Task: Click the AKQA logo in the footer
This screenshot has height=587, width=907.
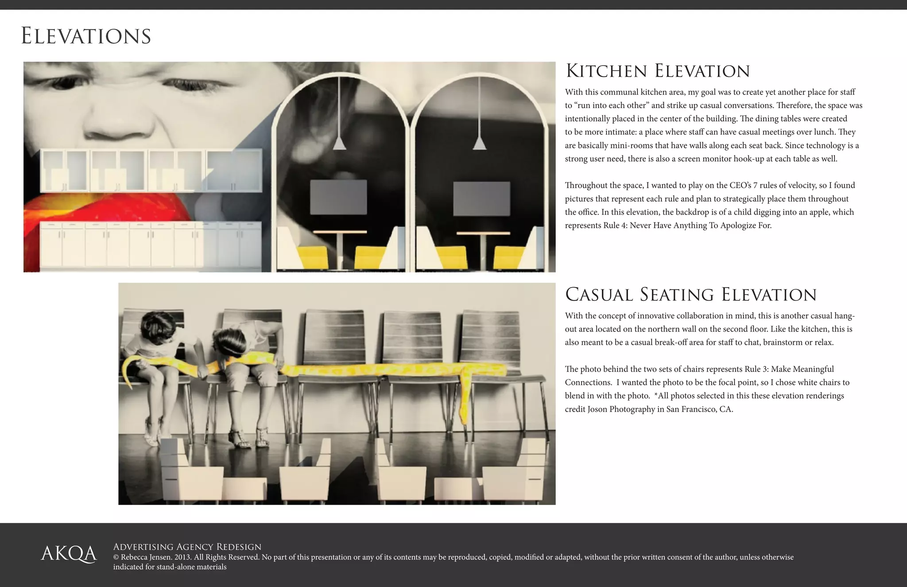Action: (69, 554)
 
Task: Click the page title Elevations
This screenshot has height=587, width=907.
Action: (86, 36)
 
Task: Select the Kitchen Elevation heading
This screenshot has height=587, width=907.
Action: (658, 71)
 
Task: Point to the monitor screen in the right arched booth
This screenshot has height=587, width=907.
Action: (481, 198)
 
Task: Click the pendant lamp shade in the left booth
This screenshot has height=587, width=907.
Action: (339, 143)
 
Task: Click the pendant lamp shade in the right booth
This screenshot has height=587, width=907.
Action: (480, 143)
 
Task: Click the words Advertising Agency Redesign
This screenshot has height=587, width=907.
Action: (187, 547)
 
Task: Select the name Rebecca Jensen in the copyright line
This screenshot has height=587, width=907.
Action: (145, 557)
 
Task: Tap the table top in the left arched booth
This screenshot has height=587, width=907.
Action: (340, 232)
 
